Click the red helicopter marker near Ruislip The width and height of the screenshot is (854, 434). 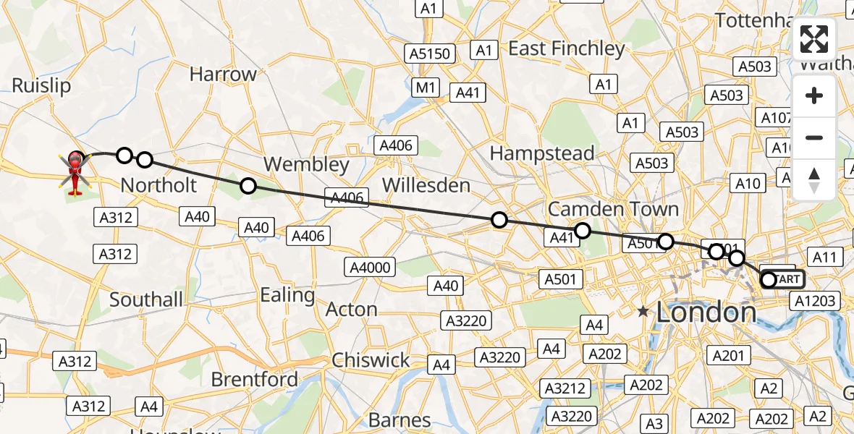(76, 172)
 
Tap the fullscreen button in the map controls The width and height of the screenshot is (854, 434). (814, 40)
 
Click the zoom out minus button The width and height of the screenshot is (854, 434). (814, 137)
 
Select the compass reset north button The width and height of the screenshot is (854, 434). (814, 180)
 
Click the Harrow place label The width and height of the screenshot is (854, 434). (223, 75)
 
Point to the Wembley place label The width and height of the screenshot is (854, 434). (306, 165)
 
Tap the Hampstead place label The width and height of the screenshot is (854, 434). (542, 153)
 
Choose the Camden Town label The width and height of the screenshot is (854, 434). (613, 210)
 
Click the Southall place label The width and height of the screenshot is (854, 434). (146, 299)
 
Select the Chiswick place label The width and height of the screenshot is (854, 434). (371, 360)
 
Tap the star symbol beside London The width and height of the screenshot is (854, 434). (643, 312)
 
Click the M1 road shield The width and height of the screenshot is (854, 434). (426, 88)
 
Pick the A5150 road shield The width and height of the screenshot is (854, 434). (430, 54)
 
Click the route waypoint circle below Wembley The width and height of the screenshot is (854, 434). (248, 186)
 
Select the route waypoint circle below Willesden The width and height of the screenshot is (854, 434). (499, 220)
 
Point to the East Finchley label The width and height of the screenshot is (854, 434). (567, 49)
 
